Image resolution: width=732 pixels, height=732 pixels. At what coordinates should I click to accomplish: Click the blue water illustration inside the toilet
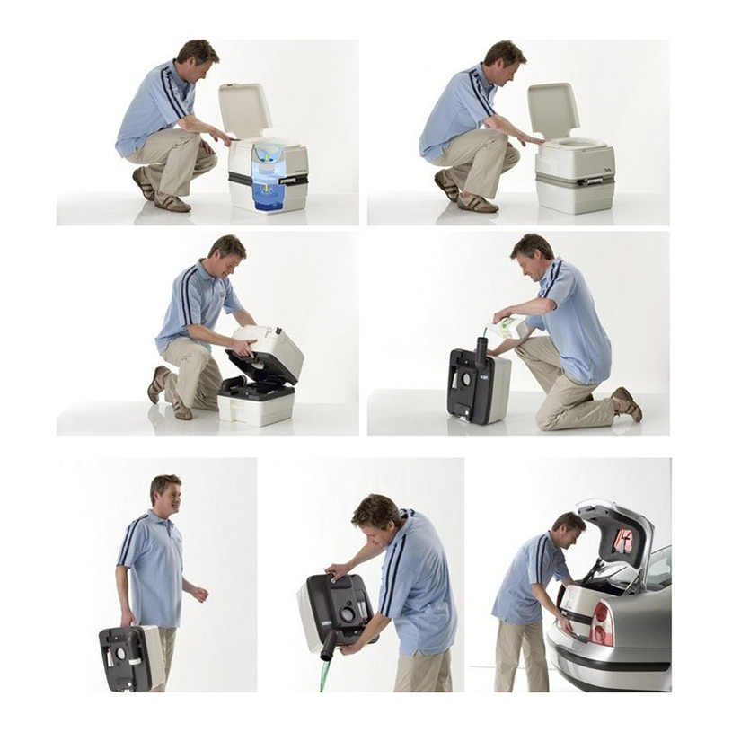(269, 180)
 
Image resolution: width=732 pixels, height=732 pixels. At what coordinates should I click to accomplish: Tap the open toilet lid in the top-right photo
(552, 110)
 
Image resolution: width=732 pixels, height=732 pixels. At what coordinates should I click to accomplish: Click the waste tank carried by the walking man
(131, 657)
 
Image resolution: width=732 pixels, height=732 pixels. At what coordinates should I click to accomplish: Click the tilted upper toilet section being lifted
(268, 353)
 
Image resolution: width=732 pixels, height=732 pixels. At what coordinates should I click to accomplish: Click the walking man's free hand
(199, 593)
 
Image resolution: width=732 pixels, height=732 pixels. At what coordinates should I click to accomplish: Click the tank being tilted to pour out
(337, 611)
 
